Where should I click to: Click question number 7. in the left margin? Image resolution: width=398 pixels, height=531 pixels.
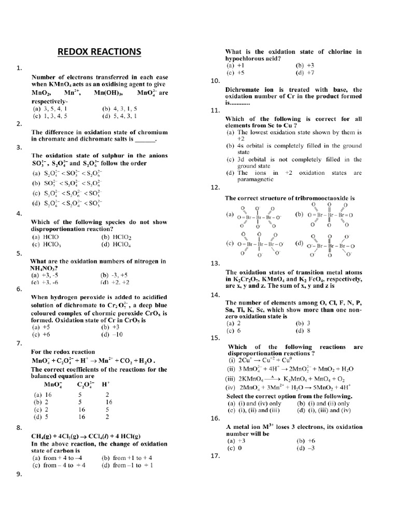[19, 343]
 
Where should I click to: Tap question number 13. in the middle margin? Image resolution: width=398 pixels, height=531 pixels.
[215, 263]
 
